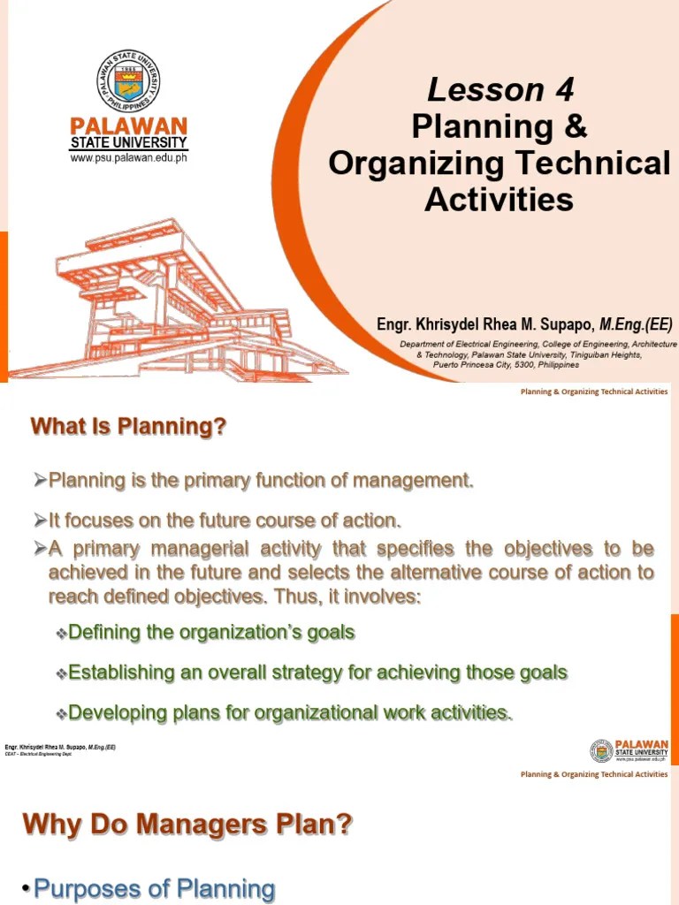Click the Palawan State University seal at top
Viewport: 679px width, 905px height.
point(129,80)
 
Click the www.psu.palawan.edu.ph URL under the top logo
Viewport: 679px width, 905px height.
point(129,158)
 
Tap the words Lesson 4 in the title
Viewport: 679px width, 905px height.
point(500,89)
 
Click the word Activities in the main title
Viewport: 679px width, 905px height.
point(500,200)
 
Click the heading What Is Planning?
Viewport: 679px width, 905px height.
point(129,427)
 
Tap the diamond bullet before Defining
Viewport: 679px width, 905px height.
point(61,634)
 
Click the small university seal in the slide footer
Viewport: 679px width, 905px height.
point(601,750)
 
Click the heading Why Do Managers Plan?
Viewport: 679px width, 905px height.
point(187,825)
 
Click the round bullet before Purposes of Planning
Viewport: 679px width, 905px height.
point(27,889)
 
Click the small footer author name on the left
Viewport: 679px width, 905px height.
point(60,747)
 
